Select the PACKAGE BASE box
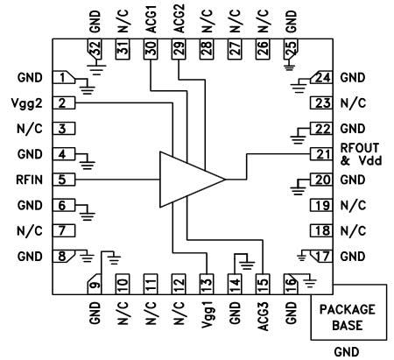tap(348, 316)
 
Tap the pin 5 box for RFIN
tap(63, 179)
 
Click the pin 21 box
tap(321, 155)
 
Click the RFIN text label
tap(30, 179)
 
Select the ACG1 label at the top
tap(151, 20)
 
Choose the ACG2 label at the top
tap(179, 20)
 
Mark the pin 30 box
tap(151, 53)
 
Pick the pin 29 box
tap(179, 53)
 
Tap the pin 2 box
tap(63, 103)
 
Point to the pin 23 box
tap(321, 103)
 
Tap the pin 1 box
tap(63, 78)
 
